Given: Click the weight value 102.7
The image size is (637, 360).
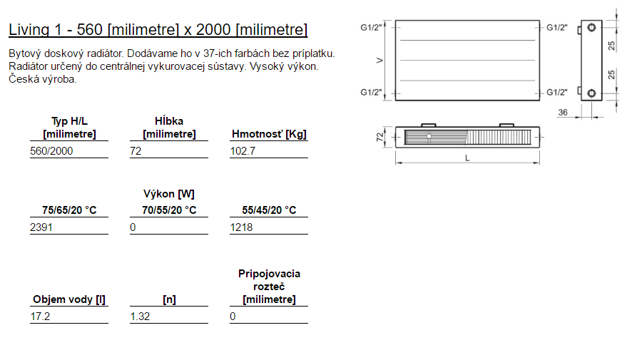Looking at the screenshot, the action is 243,151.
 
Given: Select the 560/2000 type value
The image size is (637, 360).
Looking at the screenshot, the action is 51,151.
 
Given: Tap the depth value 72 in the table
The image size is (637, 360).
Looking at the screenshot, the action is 136,151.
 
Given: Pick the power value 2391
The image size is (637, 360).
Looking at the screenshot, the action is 41,227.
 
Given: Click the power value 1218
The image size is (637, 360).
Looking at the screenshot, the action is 241,227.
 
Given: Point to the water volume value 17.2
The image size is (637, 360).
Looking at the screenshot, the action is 40,317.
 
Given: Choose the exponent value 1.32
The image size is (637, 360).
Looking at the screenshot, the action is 140,317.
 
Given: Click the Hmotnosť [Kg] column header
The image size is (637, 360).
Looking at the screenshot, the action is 269,134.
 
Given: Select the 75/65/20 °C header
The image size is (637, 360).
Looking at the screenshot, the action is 69,210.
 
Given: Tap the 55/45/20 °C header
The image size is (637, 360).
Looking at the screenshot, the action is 269,210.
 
